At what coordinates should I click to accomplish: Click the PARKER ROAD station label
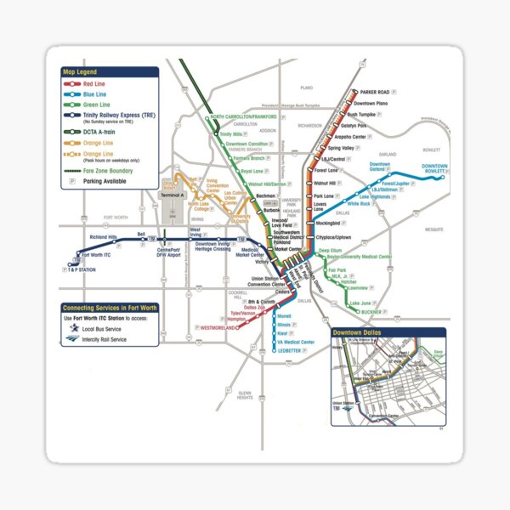375,91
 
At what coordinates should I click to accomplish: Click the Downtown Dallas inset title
360,332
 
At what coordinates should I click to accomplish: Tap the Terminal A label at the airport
172,195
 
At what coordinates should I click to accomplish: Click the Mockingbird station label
327,224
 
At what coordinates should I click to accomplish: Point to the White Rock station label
359,204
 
